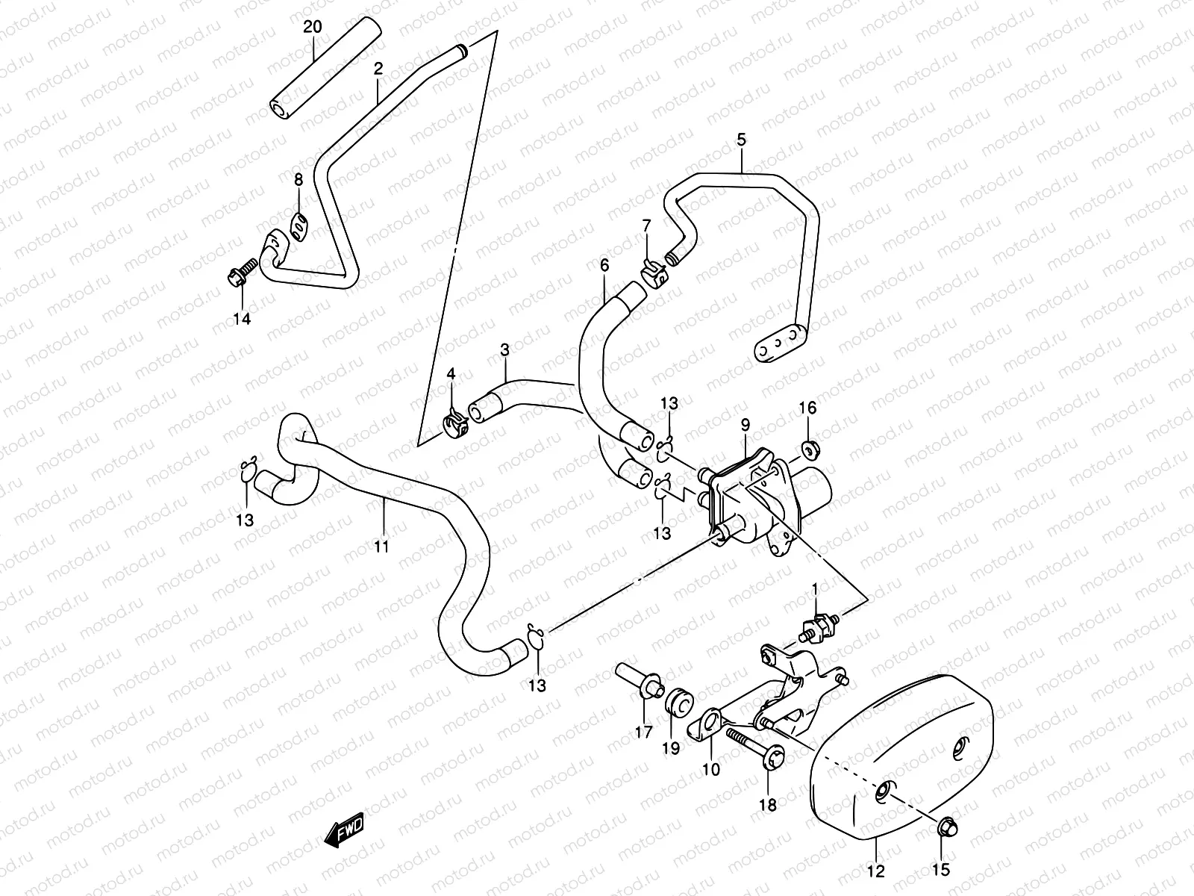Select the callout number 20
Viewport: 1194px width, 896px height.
click(313, 28)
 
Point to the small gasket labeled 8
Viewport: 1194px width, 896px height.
click(299, 223)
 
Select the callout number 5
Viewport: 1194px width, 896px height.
click(741, 139)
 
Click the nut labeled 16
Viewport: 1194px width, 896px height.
click(808, 449)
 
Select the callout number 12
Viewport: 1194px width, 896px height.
click(876, 871)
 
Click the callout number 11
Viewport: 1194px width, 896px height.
click(381, 547)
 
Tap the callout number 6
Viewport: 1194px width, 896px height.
click(604, 264)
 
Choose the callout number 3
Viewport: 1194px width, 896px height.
click(504, 349)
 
